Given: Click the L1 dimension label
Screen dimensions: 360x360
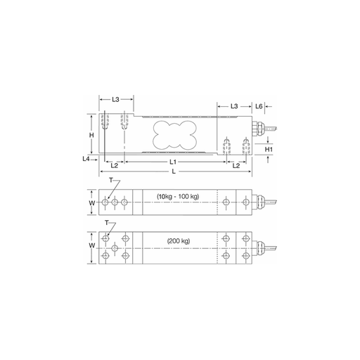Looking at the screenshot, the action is pyautogui.click(x=173, y=162).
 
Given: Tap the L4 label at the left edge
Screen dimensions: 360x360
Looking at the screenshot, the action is pyautogui.click(x=86, y=159).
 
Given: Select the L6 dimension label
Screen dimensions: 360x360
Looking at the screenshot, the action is pyautogui.click(x=259, y=106).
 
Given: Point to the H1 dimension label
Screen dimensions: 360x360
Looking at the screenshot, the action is pyautogui.click(x=269, y=149).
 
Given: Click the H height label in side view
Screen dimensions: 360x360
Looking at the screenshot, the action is pyautogui.click(x=91, y=135).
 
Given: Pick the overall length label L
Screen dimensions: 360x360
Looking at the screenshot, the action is pyautogui.click(x=174, y=172).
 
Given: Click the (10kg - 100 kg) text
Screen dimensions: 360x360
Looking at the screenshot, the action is pyautogui.click(x=178, y=196).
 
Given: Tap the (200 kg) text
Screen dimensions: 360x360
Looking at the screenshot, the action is pyautogui.click(x=179, y=241).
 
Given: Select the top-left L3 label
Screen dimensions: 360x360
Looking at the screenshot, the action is pyautogui.click(x=115, y=99).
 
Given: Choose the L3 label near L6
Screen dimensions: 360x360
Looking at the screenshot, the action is pyautogui.click(x=234, y=106).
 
